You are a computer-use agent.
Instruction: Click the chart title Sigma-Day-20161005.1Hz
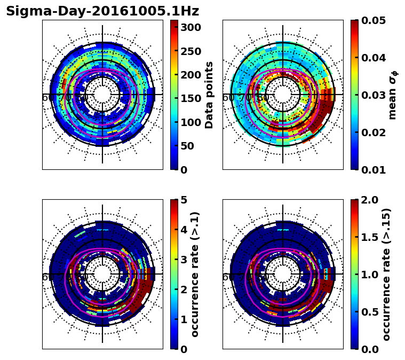point(102,11)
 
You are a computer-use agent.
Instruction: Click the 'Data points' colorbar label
point(209,95)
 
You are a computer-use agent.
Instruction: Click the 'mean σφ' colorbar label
point(393,95)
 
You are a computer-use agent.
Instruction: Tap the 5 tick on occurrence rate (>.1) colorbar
point(184,200)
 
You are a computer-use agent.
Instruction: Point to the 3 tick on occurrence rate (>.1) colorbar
point(184,260)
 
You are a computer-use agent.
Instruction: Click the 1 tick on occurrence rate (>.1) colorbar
point(184,319)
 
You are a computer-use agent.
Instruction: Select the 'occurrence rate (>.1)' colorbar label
point(195,275)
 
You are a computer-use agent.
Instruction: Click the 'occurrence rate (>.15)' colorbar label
point(386,275)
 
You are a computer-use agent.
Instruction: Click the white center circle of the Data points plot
point(102,95)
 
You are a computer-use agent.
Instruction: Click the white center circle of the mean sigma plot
point(283,95)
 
